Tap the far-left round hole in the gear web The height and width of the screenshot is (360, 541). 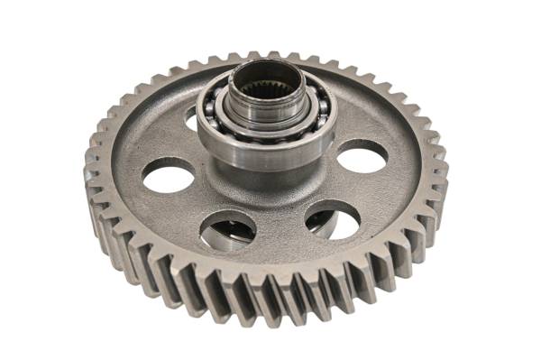[x=169, y=174]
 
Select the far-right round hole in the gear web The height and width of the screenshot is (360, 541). [x=362, y=156]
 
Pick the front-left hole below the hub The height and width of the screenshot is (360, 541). [x=227, y=229]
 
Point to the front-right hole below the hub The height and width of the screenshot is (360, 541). [x=332, y=219]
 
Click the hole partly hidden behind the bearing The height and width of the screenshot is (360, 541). [x=192, y=116]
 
